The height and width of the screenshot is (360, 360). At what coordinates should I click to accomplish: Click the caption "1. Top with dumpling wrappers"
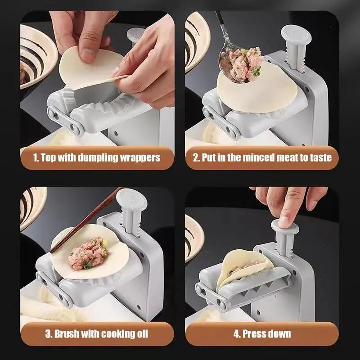click(x=97, y=157)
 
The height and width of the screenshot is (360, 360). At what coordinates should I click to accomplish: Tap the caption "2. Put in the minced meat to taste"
click(x=262, y=157)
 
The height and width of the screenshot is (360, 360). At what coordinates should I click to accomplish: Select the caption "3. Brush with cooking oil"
click(x=97, y=334)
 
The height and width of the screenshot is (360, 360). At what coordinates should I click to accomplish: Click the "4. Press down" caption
click(x=262, y=334)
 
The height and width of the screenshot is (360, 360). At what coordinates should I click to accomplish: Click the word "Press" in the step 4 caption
click(x=255, y=334)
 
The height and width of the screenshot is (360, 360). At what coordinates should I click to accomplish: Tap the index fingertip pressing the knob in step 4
click(x=284, y=220)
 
